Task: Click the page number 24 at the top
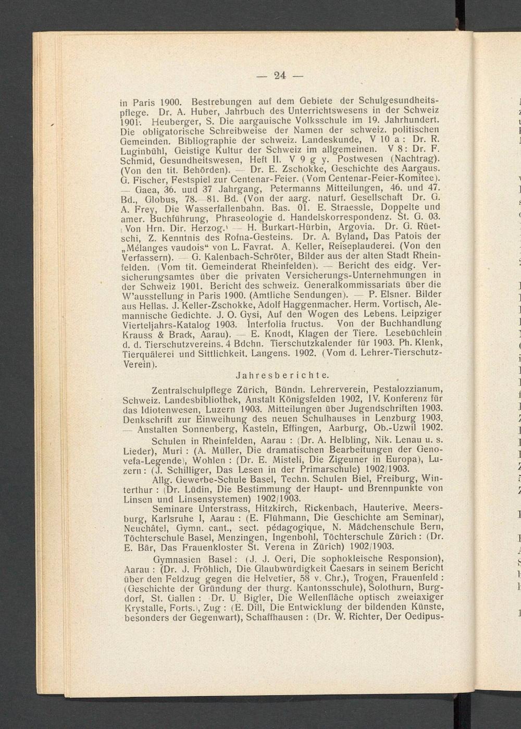(280, 76)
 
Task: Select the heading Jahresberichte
(282, 375)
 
